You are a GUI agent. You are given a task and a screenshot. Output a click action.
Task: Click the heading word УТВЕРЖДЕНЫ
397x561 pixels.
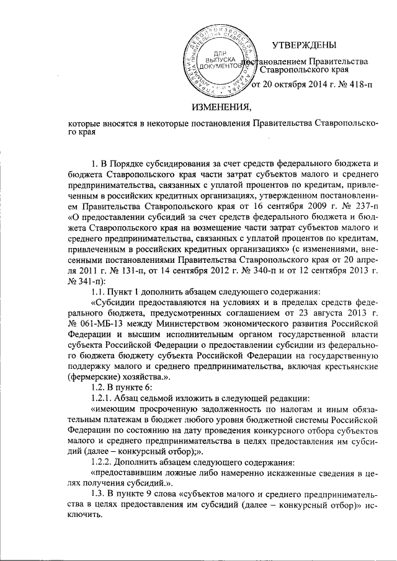tap(305, 44)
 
